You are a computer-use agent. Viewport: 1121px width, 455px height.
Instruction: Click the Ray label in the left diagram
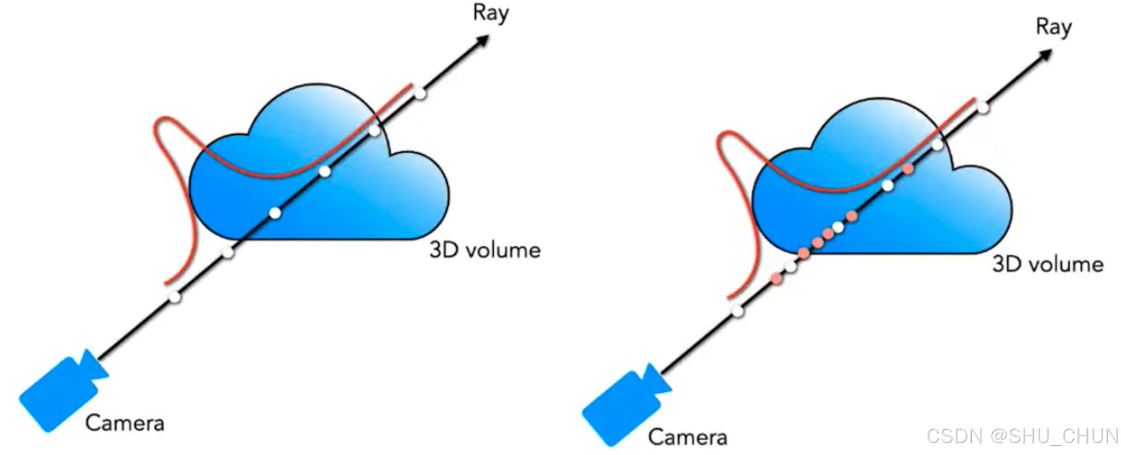[490, 13]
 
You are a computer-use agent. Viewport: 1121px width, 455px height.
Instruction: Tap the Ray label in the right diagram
[1053, 27]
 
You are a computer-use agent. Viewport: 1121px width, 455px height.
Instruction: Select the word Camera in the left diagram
[125, 423]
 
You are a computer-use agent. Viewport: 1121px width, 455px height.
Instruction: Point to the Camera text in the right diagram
[688, 437]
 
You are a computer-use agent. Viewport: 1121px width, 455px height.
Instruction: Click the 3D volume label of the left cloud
[485, 250]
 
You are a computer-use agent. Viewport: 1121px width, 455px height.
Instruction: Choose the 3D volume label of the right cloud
[1048, 264]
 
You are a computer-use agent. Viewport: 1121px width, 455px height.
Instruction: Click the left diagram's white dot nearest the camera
[175, 297]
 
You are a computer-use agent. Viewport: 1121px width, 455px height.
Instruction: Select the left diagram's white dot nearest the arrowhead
[420, 93]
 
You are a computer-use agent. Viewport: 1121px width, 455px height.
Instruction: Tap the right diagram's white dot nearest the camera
[738, 311]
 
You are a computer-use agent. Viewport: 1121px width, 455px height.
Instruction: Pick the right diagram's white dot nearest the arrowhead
[983, 107]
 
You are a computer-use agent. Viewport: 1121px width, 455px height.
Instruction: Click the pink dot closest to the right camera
[776, 278]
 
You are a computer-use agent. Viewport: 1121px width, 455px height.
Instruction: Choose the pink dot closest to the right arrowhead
[908, 169]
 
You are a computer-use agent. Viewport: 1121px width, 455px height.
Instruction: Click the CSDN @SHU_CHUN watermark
[1022, 436]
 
